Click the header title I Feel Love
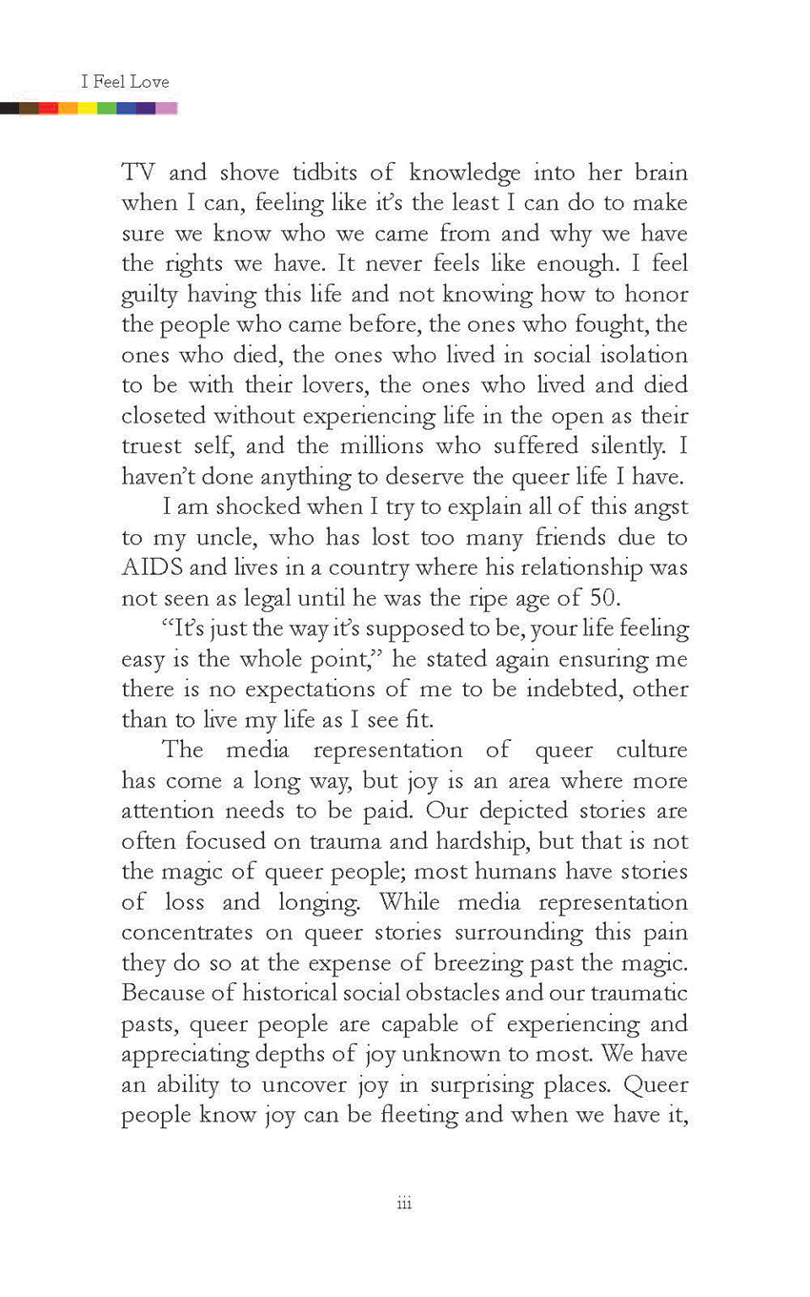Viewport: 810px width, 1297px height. pos(125,82)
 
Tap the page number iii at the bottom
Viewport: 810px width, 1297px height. pos(404,1204)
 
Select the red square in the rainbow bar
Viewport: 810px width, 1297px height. pos(49,108)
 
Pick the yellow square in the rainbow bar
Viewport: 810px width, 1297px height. pos(87,108)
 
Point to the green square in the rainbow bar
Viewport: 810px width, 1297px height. pos(107,108)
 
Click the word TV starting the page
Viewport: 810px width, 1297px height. pos(139,173)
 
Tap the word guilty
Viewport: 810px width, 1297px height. pos(149,295)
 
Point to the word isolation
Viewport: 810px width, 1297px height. pos(640,355)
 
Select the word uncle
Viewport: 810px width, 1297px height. pos(218,538)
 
